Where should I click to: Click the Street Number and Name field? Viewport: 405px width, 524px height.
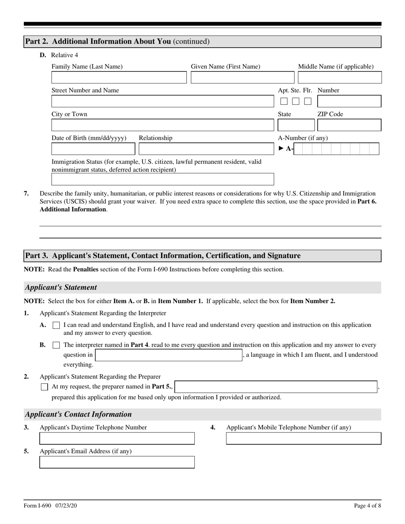163,101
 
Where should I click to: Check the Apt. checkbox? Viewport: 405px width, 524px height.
284,101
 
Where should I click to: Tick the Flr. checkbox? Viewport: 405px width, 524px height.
307,101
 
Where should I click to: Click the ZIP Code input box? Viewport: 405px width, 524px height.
349,125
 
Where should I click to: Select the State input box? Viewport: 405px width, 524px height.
296,125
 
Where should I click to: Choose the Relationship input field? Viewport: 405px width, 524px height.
206,149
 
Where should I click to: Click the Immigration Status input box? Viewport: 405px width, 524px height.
163,179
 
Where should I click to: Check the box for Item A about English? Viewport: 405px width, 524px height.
56,325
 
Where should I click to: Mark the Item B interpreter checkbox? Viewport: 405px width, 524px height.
56,345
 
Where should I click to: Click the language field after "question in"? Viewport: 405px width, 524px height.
168,355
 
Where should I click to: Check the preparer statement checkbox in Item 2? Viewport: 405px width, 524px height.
44,387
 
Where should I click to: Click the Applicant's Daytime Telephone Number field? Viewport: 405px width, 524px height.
117,438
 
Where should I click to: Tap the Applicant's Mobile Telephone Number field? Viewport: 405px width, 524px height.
304,438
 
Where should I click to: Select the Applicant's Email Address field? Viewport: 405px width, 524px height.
117,462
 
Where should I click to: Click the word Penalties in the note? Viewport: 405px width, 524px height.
86,269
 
